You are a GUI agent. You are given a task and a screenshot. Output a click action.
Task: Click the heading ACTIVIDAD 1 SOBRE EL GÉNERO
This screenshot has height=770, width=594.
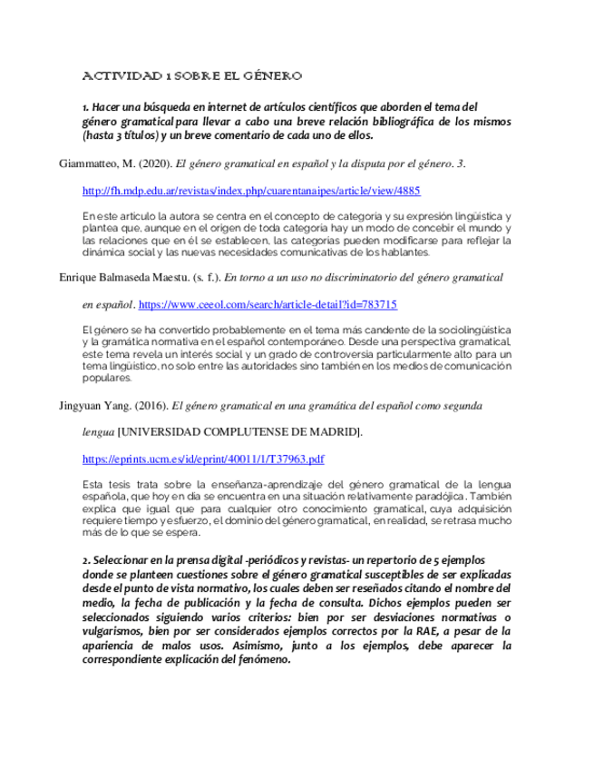191,75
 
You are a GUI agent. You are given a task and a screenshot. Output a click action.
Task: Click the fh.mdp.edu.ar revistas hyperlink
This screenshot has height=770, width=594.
251,192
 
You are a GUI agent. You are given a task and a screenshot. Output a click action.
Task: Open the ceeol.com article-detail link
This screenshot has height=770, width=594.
268,305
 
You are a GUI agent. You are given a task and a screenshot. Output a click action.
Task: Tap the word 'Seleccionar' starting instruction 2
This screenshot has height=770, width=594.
124,560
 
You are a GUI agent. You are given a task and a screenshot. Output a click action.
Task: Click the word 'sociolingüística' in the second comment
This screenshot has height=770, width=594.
464,328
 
